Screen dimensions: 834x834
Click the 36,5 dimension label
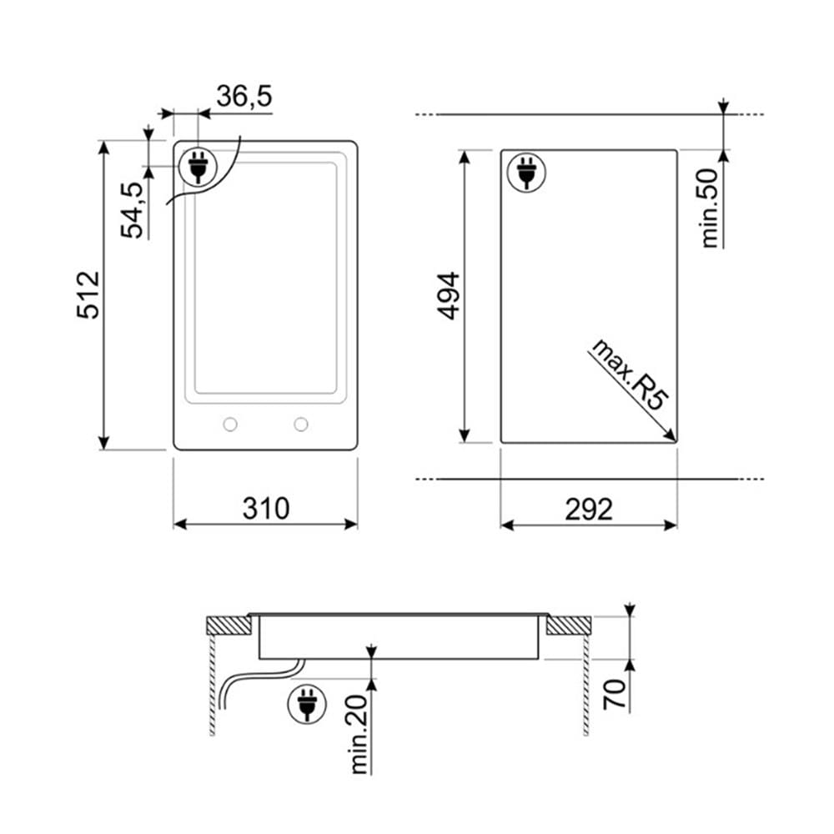pyautogui.click(x=244, y=96)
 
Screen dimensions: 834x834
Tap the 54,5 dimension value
pyautogui.click(x=132, y=211)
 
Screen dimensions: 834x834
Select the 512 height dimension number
pyautogui.click(x=88, y=295)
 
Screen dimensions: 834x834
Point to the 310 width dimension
pyautogui.click(x=266, y=509)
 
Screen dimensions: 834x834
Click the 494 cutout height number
pyautogui.click(x=449, y=296)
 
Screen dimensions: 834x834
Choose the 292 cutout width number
pyautogui.click(x=589, y=509)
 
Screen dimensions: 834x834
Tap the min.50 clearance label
pyautogui.click(x=710, y=208)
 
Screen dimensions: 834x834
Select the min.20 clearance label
pyautogui.click(x=359, y=734)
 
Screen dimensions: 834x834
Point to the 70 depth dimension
pyautogui.click(x=615, y=694)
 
